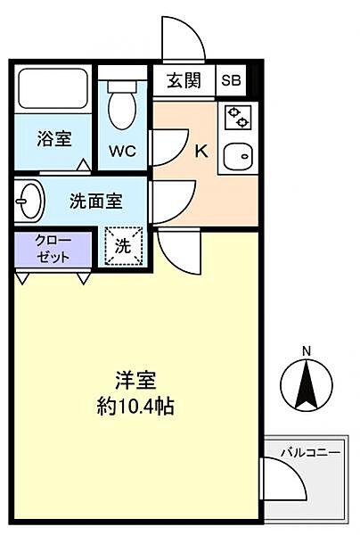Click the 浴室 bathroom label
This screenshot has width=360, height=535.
click(x=53, y=139)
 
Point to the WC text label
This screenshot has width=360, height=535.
click(x=122, y=150)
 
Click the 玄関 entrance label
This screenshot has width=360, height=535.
click(x=183, y=81)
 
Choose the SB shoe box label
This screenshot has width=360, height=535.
click(x=231, y=81)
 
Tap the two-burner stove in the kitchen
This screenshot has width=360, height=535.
click(x=238, y=117)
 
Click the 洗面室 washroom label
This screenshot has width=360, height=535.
click(x=95, y=202)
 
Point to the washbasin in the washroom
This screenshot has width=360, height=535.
click(x=29, y=200)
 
